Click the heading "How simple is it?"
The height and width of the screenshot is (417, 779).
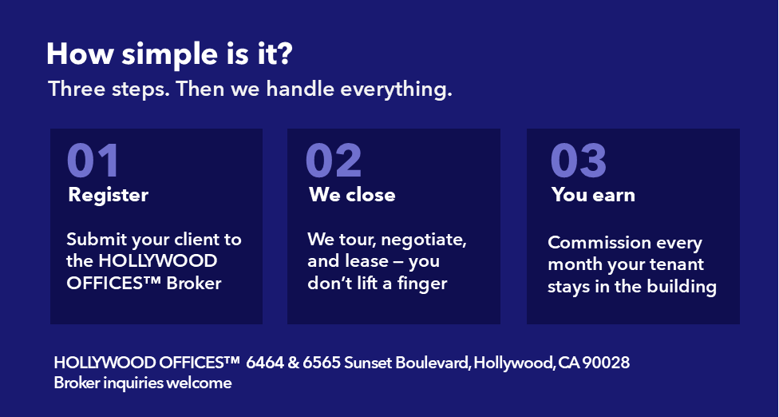(169, 54)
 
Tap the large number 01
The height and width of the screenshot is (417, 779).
(93, 160)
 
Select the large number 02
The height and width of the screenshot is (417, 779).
(334, 160)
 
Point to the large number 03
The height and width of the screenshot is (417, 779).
(579, 160)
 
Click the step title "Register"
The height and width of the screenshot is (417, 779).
(109, 195)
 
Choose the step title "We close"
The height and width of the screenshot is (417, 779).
(352, 195)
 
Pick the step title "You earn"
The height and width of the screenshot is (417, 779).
(593, 195)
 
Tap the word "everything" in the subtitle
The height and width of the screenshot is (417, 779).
(396, 89)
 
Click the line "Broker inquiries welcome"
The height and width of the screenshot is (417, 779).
(143, 383)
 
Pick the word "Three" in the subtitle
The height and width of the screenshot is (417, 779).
(77, 89)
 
